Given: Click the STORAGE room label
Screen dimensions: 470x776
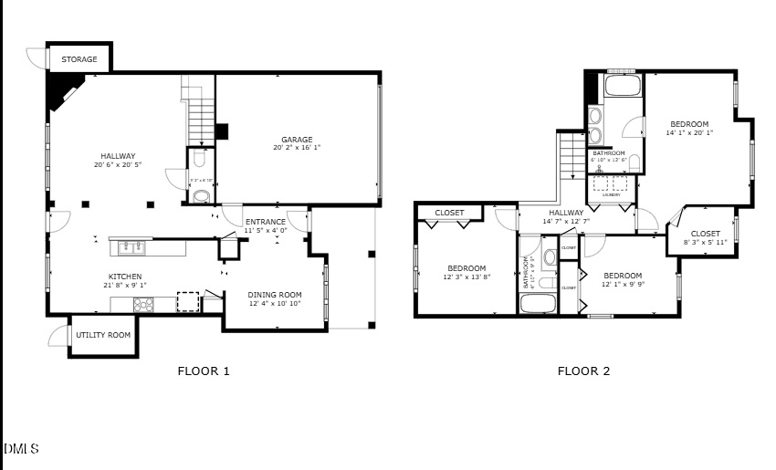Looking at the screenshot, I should (79, 60).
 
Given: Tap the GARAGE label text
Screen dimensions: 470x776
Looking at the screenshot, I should (297, 139).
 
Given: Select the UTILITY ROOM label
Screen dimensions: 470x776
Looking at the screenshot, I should (102, 335).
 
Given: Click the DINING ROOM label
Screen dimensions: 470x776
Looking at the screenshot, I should (275, 295).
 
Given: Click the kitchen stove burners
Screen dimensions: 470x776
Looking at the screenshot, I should (144, 305).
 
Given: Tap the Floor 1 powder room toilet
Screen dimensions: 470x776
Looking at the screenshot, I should (201, 194).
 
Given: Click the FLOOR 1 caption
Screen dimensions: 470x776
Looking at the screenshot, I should (203, 371).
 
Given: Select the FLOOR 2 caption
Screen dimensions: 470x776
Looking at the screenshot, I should (583, 371).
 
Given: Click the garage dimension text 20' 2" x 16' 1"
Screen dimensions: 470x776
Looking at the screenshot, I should (297, 148).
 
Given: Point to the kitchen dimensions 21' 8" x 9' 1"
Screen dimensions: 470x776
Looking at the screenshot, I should (125, 285).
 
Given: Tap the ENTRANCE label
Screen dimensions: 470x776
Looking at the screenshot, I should (266, 222).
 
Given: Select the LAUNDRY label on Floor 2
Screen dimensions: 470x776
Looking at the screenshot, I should (612, 194).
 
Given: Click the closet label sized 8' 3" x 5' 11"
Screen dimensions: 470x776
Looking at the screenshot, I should (705, 234).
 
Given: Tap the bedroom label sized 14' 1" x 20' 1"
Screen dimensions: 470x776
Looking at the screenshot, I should (689, 124).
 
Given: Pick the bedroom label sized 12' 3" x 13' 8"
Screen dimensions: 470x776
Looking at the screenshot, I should (467, 268).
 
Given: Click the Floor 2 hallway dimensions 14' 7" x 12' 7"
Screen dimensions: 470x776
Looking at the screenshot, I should (566, 221).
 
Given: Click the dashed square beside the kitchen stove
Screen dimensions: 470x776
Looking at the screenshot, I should (187, 302).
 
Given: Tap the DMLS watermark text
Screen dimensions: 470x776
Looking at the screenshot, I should (21, 449).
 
